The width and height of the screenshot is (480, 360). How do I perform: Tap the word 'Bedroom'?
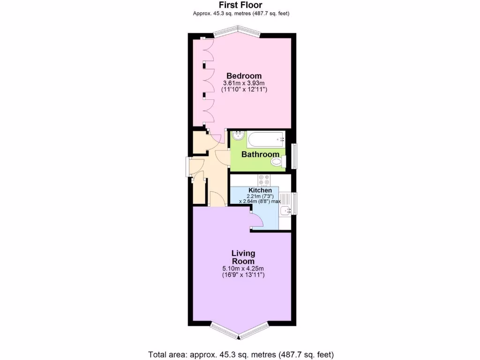coord(244,75)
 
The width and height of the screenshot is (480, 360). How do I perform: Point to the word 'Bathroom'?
coord(260,154)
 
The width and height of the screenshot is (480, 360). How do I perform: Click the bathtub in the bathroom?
coord(266,139)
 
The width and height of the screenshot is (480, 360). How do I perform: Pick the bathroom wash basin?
coord(238,136)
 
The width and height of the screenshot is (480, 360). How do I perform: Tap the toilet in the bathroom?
coord(278,162)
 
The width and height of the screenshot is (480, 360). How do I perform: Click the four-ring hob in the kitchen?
coord(263,180)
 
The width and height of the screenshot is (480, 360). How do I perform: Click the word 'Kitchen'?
coord(260,190)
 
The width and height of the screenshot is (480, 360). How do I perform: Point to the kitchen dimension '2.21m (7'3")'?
coord(260,196)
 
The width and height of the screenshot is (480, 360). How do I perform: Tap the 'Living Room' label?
coord(243,257)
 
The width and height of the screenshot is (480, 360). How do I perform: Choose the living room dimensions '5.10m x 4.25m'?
coord(243,269)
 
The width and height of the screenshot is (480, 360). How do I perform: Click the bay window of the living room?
coord(239,330)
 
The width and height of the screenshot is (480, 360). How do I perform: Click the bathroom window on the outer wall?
coord(294,156)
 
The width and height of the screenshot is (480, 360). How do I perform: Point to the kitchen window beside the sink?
coord(294,203)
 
